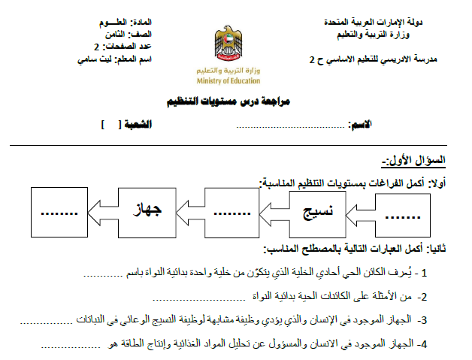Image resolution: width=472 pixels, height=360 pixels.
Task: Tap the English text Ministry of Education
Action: [228, 80]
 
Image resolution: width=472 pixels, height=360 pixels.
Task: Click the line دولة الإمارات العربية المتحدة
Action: [401, 23]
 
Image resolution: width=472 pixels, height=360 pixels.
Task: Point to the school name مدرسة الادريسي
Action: [386, 58]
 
